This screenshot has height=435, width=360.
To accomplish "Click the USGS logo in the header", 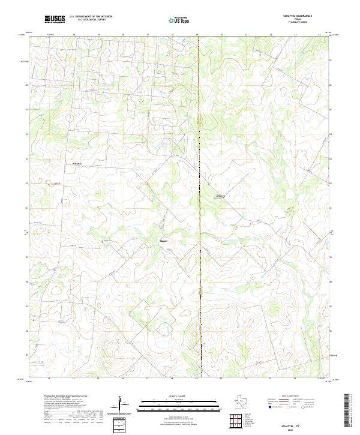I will tap(55, 19).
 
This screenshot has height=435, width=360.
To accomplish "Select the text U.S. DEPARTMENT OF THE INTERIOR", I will tap(91, 17).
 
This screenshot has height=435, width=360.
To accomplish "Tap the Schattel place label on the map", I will tap(77, 163).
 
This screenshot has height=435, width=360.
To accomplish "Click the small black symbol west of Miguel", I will tap(103, 241).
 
